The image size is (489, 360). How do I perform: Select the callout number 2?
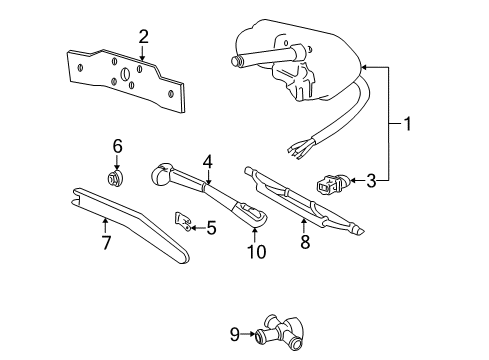tap(144, 37)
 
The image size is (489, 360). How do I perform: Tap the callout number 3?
tap(371, 181)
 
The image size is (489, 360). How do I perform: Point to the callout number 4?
tap(208, 160)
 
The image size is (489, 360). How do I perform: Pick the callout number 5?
tap(210, 228)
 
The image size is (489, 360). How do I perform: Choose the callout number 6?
tap(117, 147)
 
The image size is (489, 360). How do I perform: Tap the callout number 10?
tap(257, 250)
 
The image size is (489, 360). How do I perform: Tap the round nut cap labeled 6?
tap(116, 178)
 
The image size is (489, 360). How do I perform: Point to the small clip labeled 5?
tap(184, 219)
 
